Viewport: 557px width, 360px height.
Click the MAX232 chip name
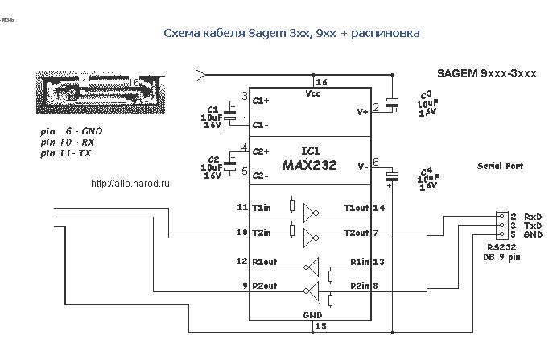309,165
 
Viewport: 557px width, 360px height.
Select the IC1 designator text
309,151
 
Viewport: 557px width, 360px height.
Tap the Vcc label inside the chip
312,93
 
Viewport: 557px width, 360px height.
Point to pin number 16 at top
322,82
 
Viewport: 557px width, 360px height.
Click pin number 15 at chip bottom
322,326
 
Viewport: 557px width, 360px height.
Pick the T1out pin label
356,208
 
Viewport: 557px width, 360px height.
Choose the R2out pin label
266,286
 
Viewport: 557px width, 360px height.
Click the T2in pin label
261,233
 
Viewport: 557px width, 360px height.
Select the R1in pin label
359,262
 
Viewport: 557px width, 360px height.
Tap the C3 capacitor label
426,94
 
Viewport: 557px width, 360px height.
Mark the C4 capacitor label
427,171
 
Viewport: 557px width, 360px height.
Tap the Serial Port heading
500,166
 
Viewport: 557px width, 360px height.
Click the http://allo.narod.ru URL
131,184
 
